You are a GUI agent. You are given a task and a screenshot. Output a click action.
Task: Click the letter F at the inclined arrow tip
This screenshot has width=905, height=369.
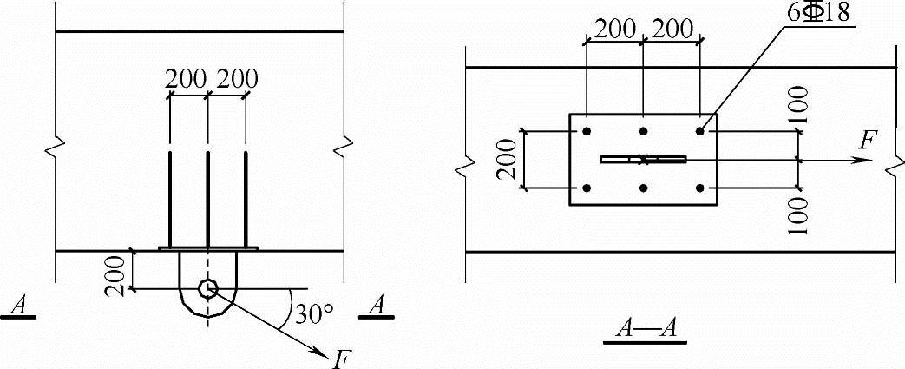(x=344, y=357)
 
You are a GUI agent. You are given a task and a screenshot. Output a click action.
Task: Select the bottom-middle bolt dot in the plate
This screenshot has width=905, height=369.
(x=643, y=188)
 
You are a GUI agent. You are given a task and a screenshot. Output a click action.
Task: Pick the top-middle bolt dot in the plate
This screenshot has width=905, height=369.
(x=643, y=132)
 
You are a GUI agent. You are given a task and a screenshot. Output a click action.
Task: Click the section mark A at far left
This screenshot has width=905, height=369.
(x=17, y=306)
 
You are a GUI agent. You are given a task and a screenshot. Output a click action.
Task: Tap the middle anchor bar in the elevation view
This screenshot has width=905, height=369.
(x=207, y=200)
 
